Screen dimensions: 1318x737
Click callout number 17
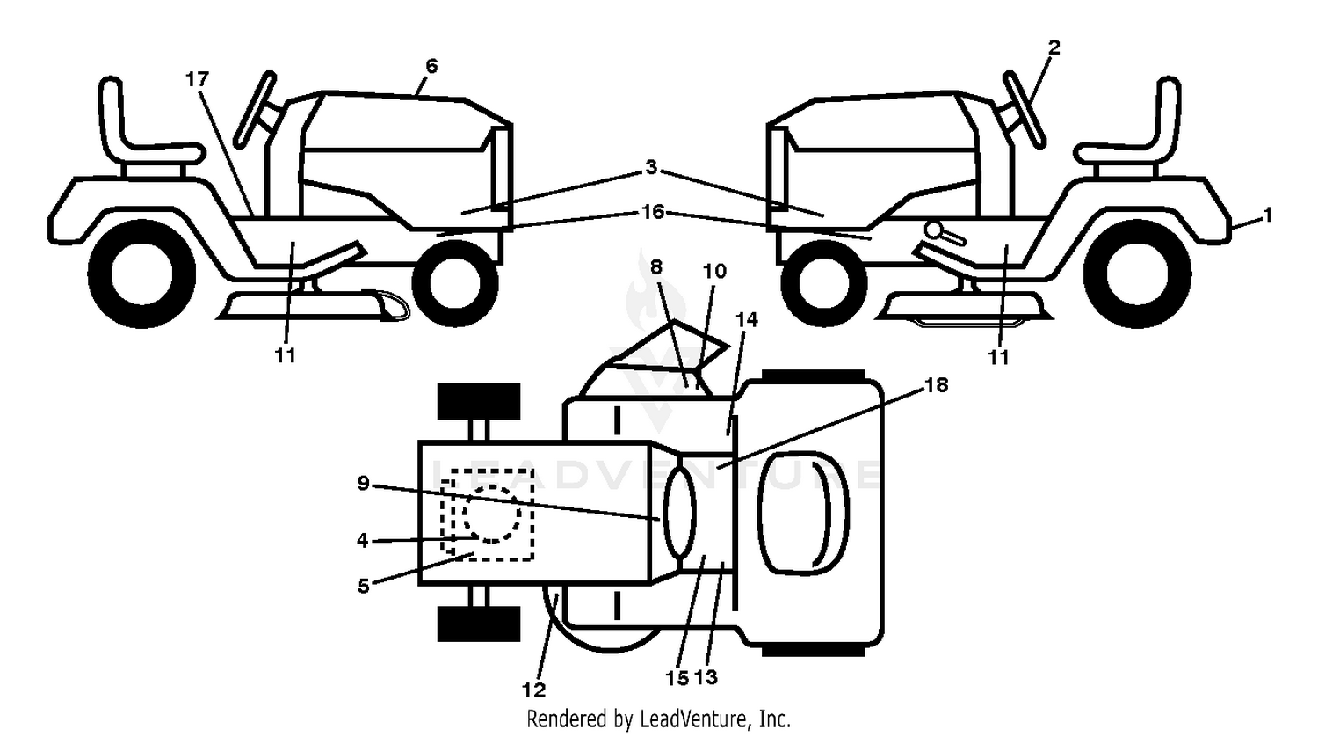(197, 78)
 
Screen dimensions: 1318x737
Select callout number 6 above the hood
(432, 65)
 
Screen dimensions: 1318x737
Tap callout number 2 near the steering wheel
(1054, 47)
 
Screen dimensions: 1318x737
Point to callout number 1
(1268, 215)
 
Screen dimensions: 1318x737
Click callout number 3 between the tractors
(651, 167)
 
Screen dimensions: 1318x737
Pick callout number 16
(653, 211)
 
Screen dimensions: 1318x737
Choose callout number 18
(937, 385)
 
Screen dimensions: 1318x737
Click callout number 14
(747, 320)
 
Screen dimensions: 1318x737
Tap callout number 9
(363, 484)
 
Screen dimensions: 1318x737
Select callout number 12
(533, 690)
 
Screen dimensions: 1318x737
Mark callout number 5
(363, 586)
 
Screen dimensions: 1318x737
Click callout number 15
(677, 678)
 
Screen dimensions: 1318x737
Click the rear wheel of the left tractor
(141, 274)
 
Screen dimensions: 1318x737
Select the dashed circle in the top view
(492, 513)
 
